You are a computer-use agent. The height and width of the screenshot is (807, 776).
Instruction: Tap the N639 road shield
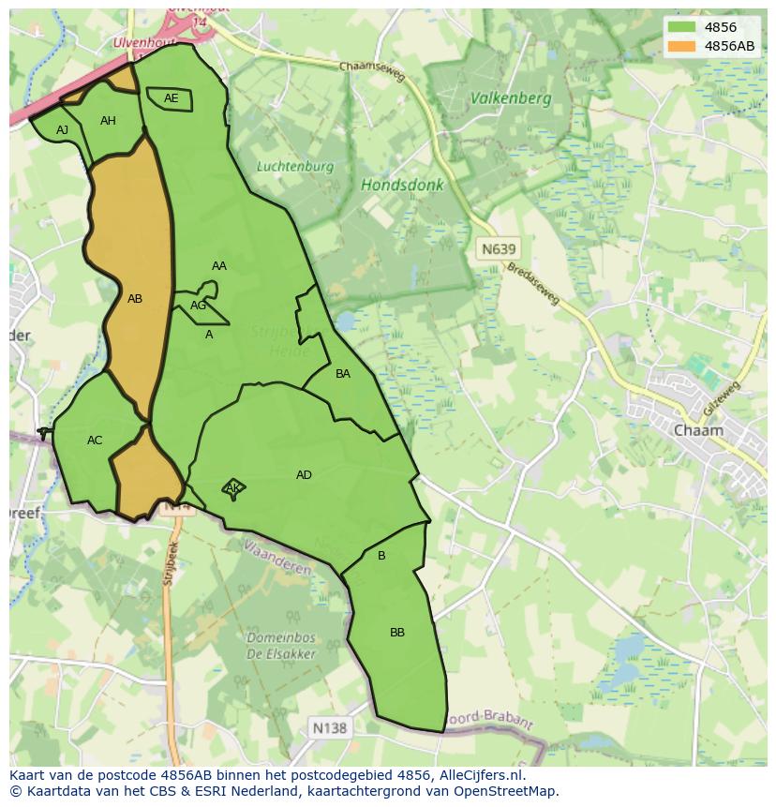coord(497,249)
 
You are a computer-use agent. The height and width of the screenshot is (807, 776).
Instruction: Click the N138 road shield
coord(329,727)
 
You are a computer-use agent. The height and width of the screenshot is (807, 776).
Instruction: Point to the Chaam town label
coord(698,430)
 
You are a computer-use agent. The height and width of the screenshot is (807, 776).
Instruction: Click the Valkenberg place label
coord(511,97)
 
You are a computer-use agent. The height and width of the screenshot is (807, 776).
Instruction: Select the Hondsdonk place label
coord(402,186)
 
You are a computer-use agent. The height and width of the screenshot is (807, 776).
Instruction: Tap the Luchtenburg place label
coord(295,167)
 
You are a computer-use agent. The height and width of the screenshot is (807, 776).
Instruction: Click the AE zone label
coord(171,98)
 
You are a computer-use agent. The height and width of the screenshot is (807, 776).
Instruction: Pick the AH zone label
coord(108,121)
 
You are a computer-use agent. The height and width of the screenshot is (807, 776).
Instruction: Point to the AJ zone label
coord(63,130)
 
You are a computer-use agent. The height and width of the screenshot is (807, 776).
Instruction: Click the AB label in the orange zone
coord(135,299)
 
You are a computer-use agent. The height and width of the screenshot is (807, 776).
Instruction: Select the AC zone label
coord(95,441)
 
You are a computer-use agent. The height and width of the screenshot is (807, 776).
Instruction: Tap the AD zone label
coord(304,475)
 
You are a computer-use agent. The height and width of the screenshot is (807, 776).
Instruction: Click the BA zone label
coord(343,374)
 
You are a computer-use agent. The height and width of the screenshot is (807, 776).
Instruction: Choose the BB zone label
coord(397,633)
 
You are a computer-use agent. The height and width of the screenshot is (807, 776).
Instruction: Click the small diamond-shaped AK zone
coord(233,487)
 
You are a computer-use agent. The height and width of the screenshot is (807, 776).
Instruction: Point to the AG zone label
coord(198,306)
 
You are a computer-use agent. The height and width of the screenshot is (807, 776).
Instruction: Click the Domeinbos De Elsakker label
coord(281,646)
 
